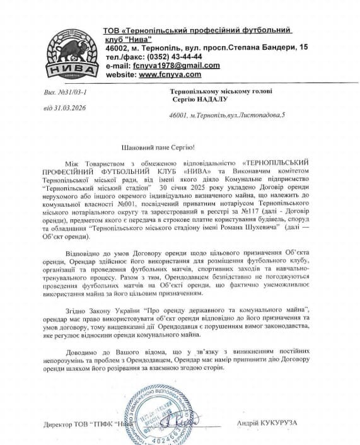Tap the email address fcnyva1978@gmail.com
tap(173, 65)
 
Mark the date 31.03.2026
tap(68, 107)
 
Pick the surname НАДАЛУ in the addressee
tap(206, 100)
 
